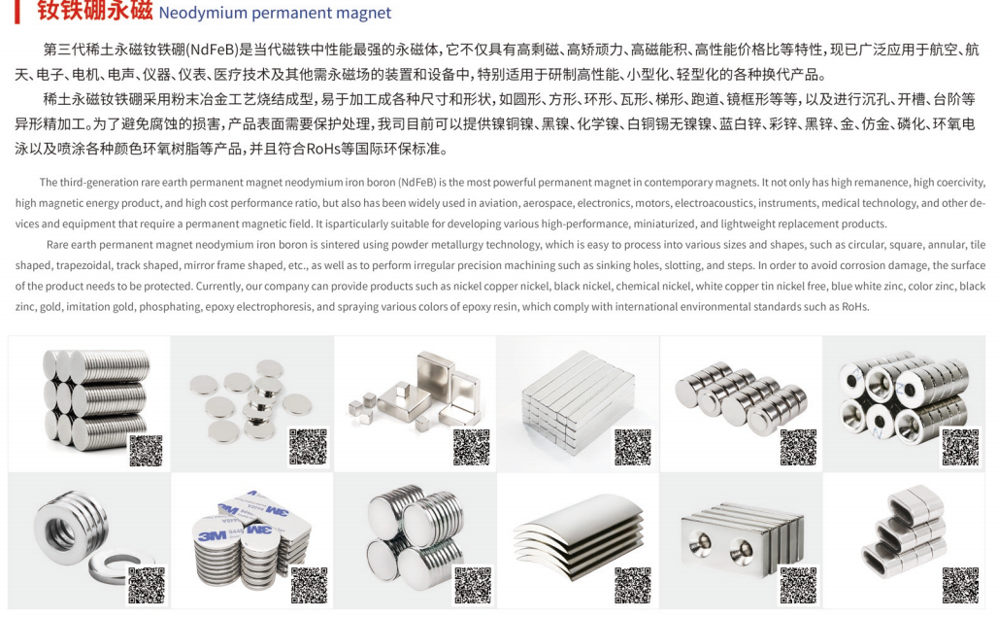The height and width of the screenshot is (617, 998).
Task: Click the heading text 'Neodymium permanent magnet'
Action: coord(275,13)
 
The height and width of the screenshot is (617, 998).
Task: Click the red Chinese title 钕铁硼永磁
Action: coord(94,11)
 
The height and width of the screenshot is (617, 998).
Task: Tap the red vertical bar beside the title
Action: coord(17,12)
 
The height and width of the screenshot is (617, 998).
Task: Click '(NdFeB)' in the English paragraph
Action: coord(417,182)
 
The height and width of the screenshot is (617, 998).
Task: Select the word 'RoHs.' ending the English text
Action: coord(855,307)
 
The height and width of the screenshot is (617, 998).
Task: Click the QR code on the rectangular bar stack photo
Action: coord(633,447)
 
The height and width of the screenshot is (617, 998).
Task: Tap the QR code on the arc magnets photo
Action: coord(633,585)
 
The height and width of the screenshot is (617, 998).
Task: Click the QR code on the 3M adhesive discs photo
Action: coord(310,585)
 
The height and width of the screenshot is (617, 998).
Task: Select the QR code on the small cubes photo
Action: coord(472,447)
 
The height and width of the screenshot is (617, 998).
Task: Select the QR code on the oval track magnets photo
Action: coord(960,585)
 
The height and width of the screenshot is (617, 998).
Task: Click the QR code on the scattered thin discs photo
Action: coord(308,447)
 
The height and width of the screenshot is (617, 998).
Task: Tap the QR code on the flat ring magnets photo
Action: coord(147,585)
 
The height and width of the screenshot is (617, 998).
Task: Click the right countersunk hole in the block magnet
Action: coord(741,552)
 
